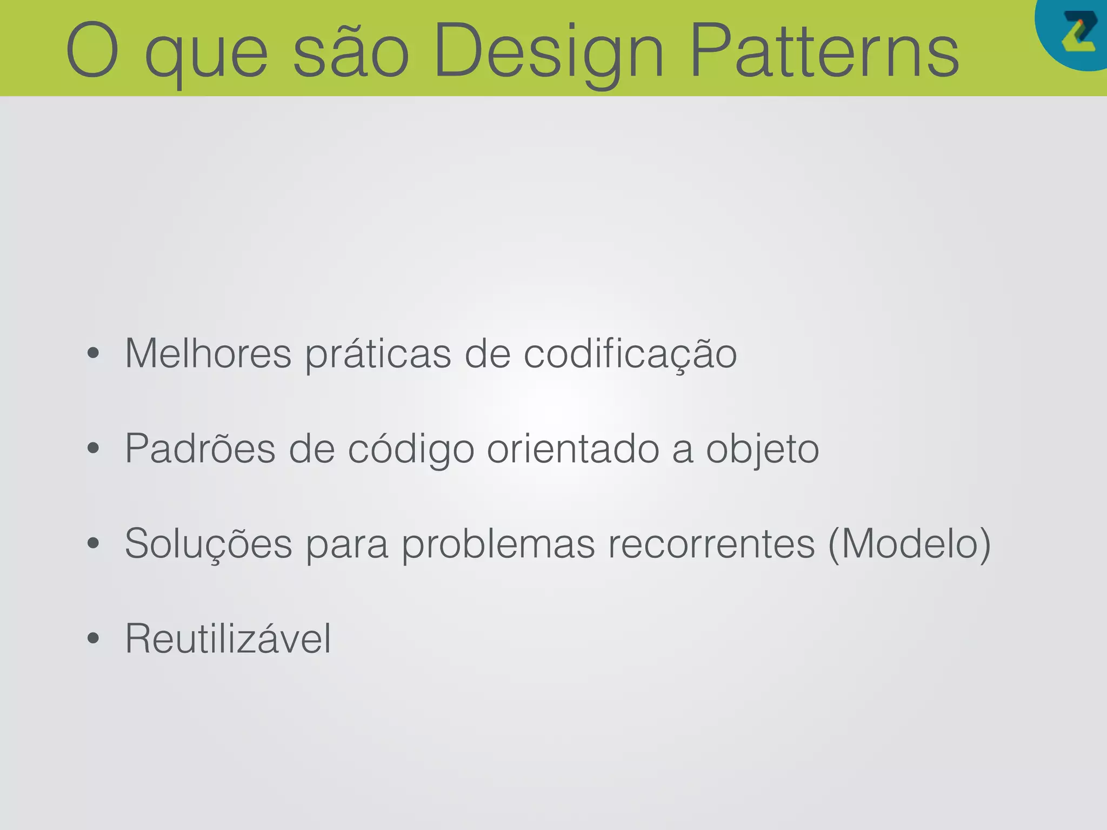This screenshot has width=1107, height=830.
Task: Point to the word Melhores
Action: (208, 354)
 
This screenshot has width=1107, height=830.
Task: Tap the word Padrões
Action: (200, 449)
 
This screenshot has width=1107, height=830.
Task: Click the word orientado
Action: (573, 449)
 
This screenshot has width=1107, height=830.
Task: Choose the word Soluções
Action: (209, 544)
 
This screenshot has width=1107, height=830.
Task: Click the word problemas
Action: (498, 545)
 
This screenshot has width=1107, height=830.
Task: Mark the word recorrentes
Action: (711, 544)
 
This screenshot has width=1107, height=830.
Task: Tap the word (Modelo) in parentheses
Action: (909, 544)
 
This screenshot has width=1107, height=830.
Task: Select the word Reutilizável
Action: (228, 639)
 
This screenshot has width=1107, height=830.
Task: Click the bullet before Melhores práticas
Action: (93, 354)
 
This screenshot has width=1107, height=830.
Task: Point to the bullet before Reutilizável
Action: (93, 639)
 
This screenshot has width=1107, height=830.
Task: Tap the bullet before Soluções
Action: (93, 544)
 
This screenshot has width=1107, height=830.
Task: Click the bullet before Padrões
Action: (93, 449)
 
